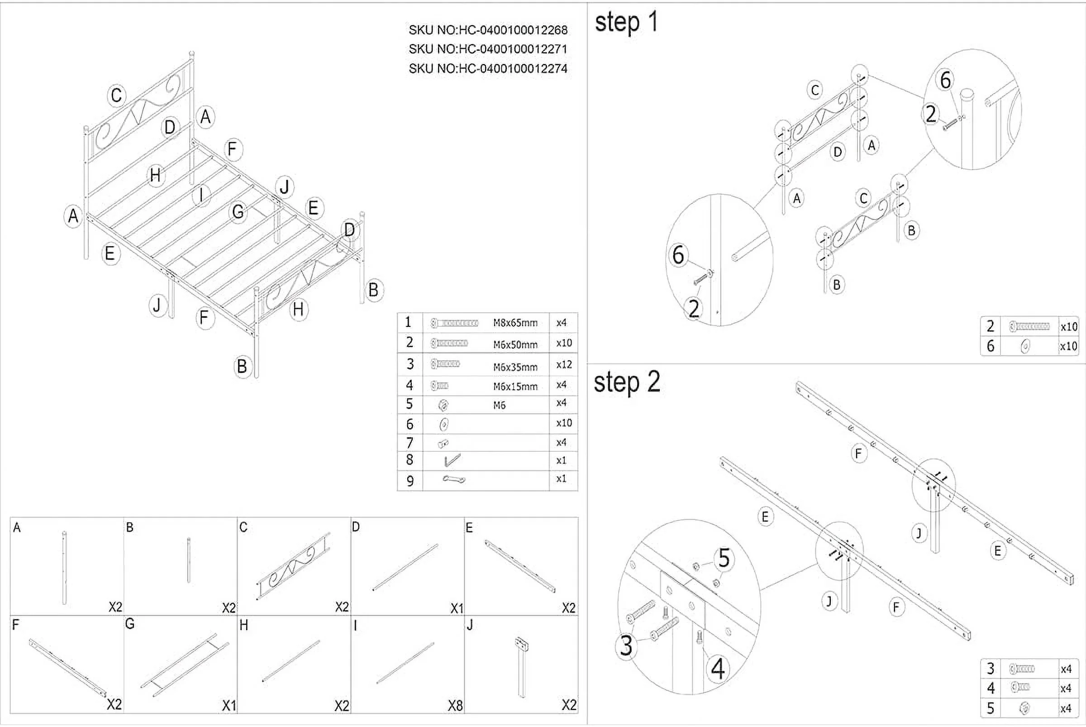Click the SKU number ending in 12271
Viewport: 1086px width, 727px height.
coord(488,49)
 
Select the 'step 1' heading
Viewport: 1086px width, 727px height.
coord(626,22)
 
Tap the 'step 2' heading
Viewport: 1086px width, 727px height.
coord(627,383)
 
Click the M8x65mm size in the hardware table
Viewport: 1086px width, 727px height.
coord(515,323)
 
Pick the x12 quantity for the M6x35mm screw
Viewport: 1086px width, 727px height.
coord(564,365)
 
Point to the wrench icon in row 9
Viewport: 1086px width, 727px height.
coord(454,479)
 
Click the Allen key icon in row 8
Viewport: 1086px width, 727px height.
coord(452,460)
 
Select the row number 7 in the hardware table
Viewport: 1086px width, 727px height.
coord(409,443)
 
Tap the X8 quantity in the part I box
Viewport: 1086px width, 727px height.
coord(455,705)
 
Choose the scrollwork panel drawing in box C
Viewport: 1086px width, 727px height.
coord(293,566)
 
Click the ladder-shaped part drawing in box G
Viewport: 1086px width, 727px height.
coord(185,665)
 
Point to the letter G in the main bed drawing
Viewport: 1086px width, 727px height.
coord(238,212)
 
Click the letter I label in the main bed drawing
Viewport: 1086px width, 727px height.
coord(201,195)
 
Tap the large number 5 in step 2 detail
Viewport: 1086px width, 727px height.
coord(724,559)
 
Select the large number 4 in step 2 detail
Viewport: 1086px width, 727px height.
coord(718,669)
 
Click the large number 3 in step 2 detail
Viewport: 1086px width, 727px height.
coord(626,646)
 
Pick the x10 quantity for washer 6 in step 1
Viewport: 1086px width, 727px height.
coord(1068,346)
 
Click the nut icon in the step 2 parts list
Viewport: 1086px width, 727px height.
coord(1025,708)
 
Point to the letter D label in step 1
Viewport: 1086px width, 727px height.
coord(837,152)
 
